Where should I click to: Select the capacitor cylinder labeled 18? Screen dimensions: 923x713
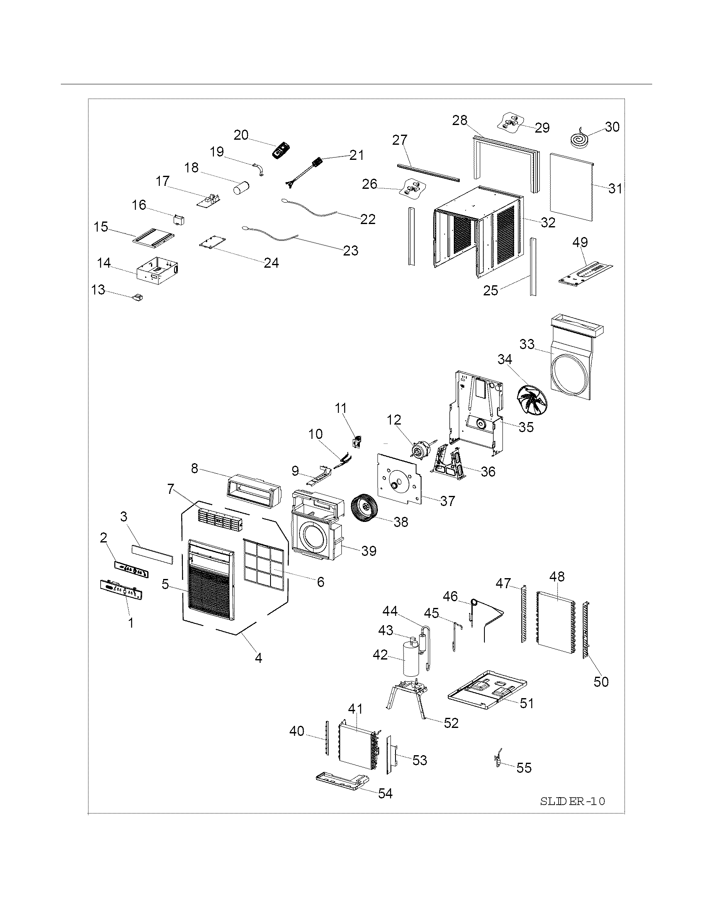click(242, 187)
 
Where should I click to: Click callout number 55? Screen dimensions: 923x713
click(524, 767)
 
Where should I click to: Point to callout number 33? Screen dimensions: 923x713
click(527, 344)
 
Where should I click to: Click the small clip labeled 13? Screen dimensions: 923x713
click(138, 297)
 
